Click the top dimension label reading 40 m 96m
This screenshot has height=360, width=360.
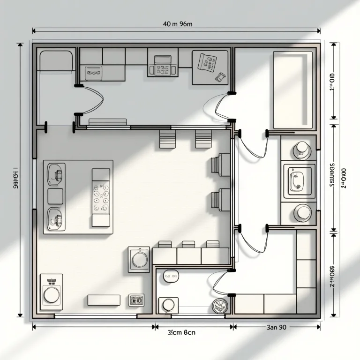[x=177, y=24]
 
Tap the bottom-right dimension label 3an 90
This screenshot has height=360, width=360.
[x=276, y=327]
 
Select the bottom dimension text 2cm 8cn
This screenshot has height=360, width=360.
[x=181, y=332]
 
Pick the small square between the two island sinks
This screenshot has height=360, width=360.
[x=55, y=196]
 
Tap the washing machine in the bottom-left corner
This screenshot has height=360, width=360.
[x=51, y=292]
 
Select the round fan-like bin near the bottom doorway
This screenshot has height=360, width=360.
[x=219, y=306]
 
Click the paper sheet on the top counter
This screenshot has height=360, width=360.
[x=207, y=62]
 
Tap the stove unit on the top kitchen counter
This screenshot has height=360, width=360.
[x=162, y=66]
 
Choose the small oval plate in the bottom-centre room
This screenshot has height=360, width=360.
[x=170, y=277]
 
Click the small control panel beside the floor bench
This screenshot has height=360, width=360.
[x=136, y=300]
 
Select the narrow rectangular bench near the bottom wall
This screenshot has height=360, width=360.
[x=104, y=300]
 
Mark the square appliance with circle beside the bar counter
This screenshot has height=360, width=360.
[x=139, y=259]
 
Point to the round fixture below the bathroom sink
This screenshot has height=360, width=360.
[x=302, y=213]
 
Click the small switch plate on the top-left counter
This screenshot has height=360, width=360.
[x=93, y=73]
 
